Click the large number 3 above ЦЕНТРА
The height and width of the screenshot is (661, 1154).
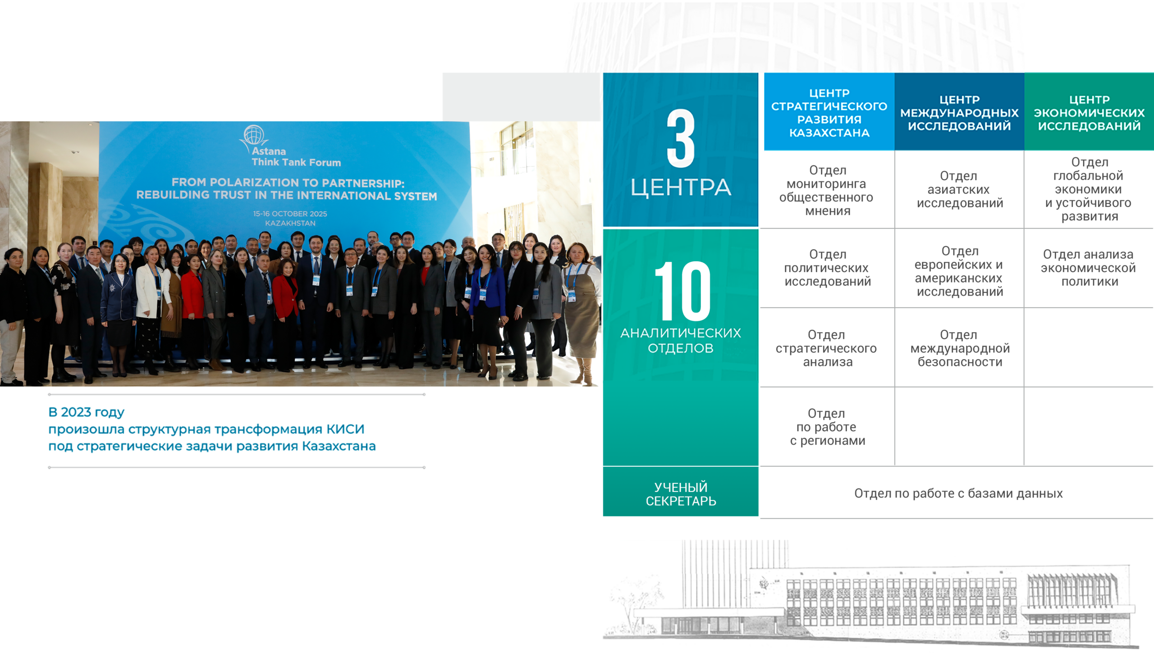pos(681,138)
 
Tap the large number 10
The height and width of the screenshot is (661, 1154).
pos(682,291)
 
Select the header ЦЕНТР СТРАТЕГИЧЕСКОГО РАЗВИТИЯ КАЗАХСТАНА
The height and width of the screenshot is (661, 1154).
pos(829,113)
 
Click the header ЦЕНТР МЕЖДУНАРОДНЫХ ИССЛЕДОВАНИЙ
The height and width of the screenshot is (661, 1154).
pos(959,113)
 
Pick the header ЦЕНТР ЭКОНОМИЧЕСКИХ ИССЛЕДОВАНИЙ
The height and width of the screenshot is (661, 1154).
pos(1089,113)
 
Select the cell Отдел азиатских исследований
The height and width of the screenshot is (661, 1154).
pos(960,189)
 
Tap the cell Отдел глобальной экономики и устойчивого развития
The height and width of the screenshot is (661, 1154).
pos(1089,189)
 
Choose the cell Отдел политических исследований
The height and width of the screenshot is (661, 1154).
pos(827,268)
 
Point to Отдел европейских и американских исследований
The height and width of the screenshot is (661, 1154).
pos(959,271)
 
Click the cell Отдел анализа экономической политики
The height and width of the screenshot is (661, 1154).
pos(1088,268)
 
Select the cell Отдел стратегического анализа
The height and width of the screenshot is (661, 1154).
pos(826,348)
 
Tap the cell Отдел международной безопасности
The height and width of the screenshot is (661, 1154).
pos(960,348)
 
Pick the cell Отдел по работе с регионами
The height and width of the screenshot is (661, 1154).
pos(827,427)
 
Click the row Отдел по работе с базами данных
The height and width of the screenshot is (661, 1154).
pos(958,493)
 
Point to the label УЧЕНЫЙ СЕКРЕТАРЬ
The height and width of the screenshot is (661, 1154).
pos(681,494)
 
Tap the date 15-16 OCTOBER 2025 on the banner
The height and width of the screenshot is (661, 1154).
pos(290,214)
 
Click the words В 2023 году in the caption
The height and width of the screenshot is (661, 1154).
pos(86,412)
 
